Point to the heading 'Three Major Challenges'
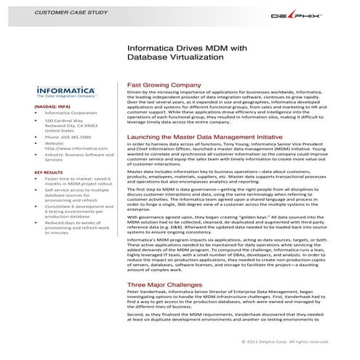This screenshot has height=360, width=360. point(164,284)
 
